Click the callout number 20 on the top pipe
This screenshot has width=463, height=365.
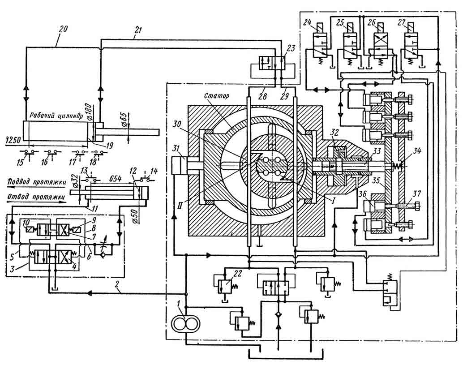click(x=64, y=29)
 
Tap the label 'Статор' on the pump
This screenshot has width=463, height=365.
click(x=217, y=96)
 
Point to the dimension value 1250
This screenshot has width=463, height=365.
click(x=13, y=140)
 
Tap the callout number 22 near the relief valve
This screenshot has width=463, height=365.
click(x=237, y=274)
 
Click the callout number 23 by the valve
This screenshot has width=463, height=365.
click(x=291, y=48)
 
